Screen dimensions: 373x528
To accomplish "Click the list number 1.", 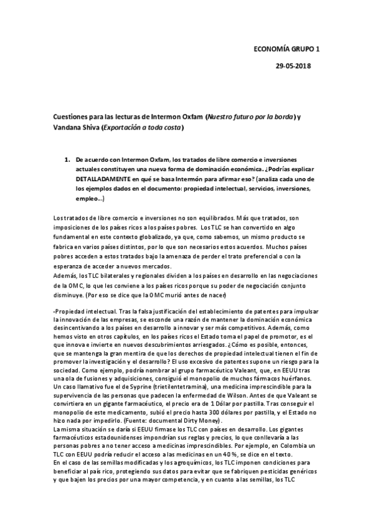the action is point(67,160).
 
